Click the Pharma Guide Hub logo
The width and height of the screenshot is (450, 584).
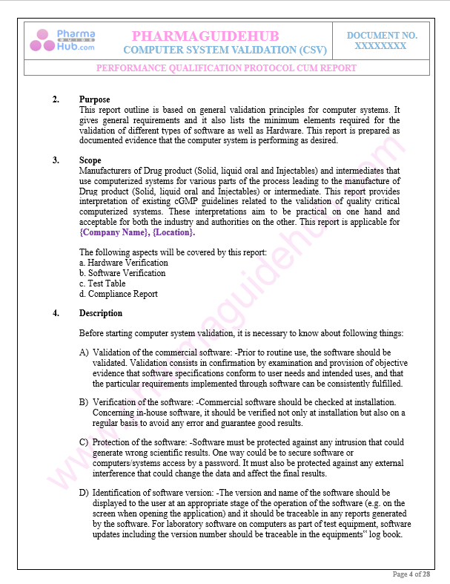pyautogui.click(x=62, y=40)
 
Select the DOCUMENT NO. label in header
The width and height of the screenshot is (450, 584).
pyautogui.click(x=382, y=35)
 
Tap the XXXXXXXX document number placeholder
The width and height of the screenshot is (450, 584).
pyautogui.click(x=380, y=45)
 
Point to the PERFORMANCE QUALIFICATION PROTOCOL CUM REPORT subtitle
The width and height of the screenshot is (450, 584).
pyautogui.click(x=226, y=68)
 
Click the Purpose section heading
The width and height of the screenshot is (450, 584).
pyautogui.click(x=94, y=99)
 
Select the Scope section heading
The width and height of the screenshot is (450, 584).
pyautogui.click(x=90, y=160)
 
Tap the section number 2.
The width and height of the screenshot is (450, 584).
pyautogui.click(x=56, y=99)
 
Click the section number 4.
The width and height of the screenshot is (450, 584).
pyautogui.click(x=56, y=313)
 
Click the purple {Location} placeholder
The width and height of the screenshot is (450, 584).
pyautogui.click(x=173, y=232)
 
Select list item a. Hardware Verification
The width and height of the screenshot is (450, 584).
pyautogui.click(x=123, y=263)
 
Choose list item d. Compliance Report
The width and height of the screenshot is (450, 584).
pyautogui.click(x=118, y=294)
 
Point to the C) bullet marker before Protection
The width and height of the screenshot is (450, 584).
pyautogui.click(x=84, y=442)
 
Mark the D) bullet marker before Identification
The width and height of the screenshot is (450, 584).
pyautogui.click(x=84, y=493)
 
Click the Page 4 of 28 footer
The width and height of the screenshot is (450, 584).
pyautogui.click(x=411, y=574)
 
